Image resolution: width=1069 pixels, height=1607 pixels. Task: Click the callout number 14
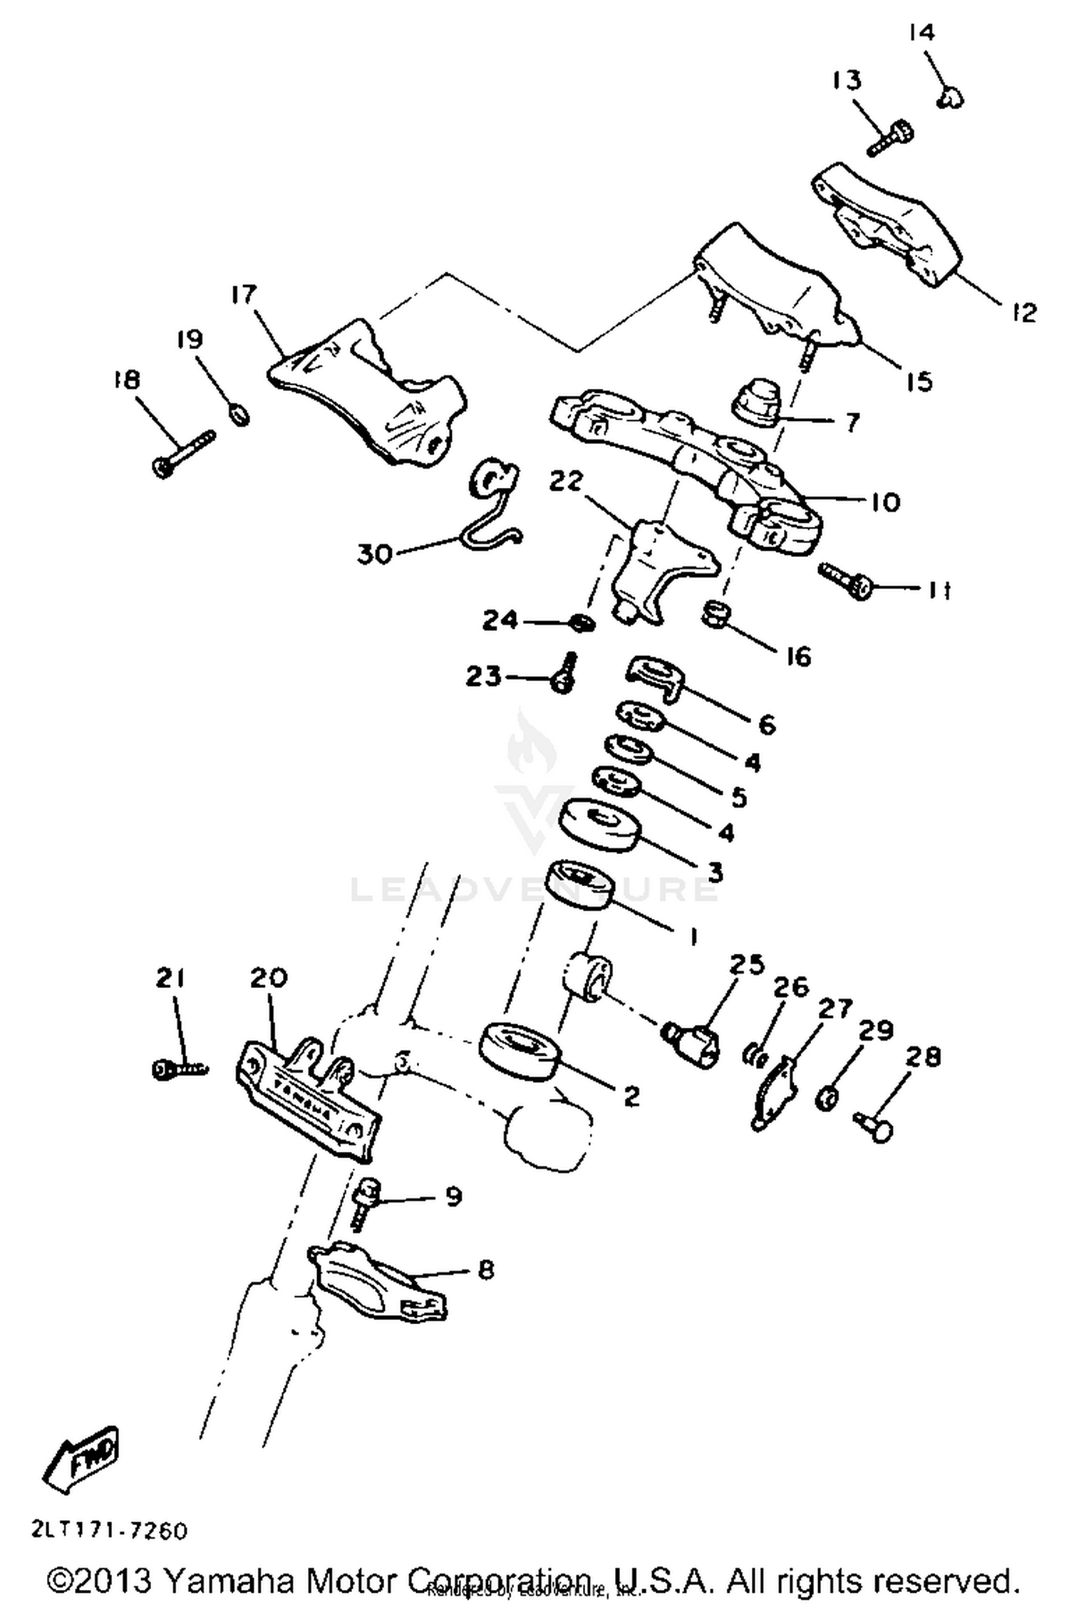[x=922, y=33]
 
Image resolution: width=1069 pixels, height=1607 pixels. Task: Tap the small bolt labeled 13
[x=891, y=137]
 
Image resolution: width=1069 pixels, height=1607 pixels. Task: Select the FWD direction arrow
[x=81, y=1457]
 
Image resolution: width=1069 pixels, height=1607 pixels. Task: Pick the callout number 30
[x=376, y=553]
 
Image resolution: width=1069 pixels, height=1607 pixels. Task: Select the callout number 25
[x=746, y=964]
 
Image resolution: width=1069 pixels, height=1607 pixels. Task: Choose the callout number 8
[x=485, y=1269]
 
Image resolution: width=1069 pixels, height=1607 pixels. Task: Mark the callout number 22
[x=566, y=482]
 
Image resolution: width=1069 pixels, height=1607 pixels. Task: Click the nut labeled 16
[x=715, y=613]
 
